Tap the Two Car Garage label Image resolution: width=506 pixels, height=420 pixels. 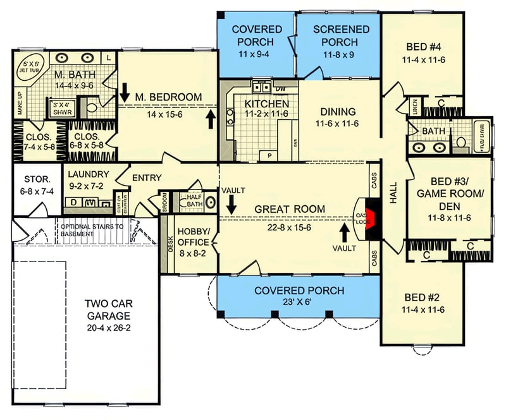point(108,310)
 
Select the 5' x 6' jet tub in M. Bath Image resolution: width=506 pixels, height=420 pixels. point(30,67)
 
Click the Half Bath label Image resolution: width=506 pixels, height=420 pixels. point(194,200)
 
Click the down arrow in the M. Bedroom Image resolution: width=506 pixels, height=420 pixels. point(125,90)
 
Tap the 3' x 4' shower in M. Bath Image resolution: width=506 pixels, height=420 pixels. point(64,108)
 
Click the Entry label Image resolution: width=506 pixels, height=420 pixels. point(147,178)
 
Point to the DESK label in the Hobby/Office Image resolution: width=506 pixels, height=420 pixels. point(170,245)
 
